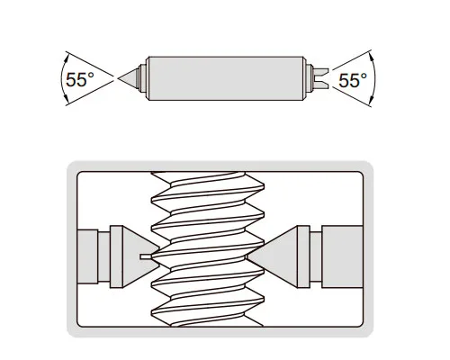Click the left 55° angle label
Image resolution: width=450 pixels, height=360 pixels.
click(x=80, y=79)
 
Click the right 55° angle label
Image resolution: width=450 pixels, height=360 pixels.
click(x=353, y=80)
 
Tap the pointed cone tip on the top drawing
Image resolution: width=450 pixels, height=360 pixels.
click(x=119, y=78)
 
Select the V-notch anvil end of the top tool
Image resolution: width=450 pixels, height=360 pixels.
click(x=320, y=78)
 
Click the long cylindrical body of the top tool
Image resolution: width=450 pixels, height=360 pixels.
click(x=226, y=78)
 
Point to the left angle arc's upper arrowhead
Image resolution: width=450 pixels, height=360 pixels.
click(x=67, y=56)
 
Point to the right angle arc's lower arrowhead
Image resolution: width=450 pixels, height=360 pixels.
click(x=371, y=100)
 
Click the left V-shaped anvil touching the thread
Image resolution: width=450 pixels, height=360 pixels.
click(x=140, y=256)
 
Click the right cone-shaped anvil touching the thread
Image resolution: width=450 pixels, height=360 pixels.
click(x=272, y=256)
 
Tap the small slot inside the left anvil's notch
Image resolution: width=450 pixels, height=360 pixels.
click(x=146, y=256)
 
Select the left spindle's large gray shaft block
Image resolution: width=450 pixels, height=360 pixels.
click(x=87, y=256)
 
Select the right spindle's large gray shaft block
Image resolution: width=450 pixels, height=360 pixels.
click(x=342, y=256)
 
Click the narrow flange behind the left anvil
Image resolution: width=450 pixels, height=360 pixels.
click(x=116, y=256)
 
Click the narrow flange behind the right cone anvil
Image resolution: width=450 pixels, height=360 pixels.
click(x=303, y=256)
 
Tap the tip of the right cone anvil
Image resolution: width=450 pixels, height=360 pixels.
click(x=247, y=256)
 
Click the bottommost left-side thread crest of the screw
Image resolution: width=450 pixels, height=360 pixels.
click(x=153, y=313)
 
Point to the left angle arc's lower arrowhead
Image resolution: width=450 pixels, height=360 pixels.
click(x=67, y=100)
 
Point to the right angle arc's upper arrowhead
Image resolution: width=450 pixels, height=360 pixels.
click(x=371, y=56)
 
